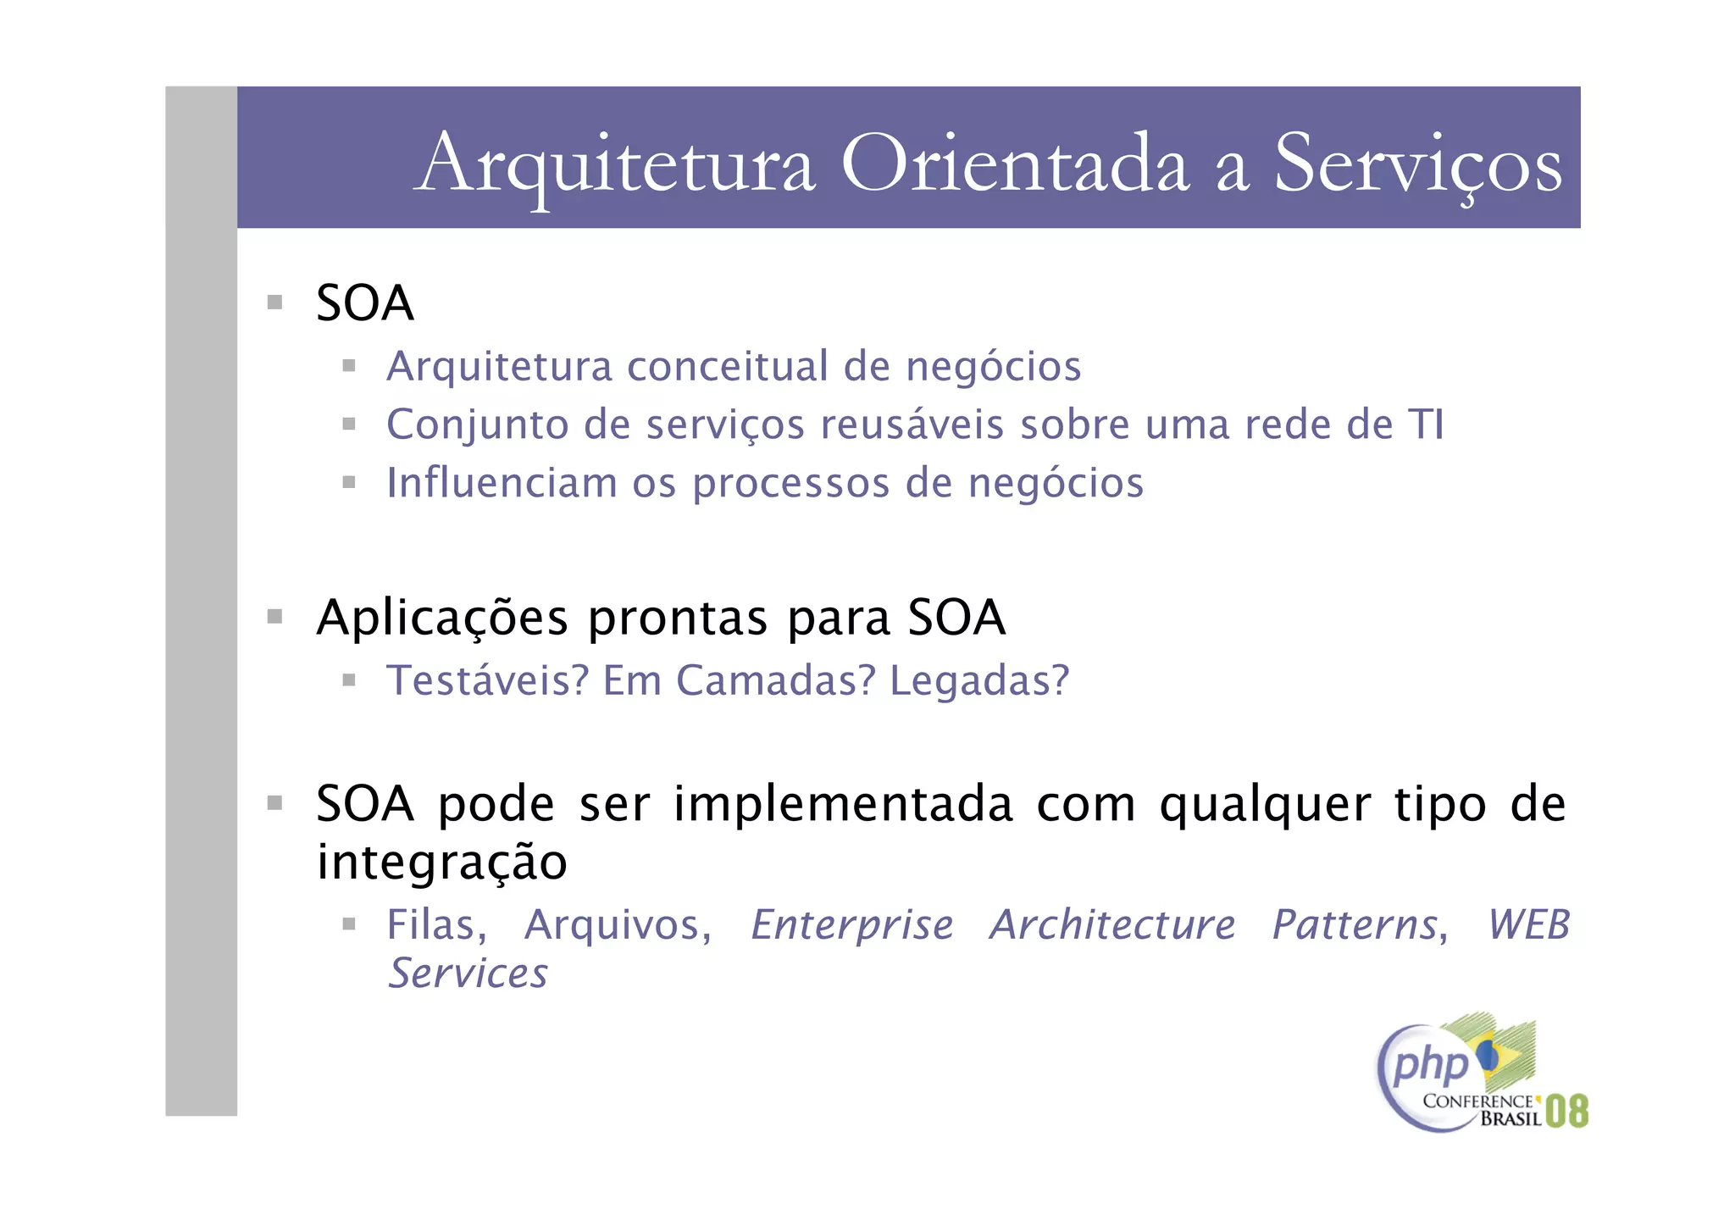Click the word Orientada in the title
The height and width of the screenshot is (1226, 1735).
click(x=1015, y=164)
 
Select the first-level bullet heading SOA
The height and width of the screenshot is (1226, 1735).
click(x=364, y=302)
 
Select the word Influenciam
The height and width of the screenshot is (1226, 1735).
click(x=502, y=483)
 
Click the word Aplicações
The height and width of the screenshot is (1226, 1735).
click(x=441, y=618)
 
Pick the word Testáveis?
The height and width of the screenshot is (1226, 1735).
click(x=487, y=680)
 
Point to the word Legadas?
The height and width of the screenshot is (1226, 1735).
click(x=979, y=680)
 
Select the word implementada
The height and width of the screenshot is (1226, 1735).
click(x=843, y=804)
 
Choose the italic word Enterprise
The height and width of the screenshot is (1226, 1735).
click(x=852, y=925)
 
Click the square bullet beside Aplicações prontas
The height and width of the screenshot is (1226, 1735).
click(x=274, y=616)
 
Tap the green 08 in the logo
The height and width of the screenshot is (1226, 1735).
click(x=1566, y=1111)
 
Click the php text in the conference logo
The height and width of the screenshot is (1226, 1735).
click(x=1430, y=1066)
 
